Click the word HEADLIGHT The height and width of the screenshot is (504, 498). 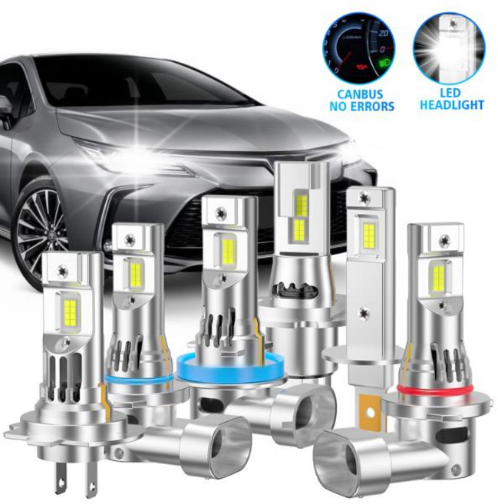451,104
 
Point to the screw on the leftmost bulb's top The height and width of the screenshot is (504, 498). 61,269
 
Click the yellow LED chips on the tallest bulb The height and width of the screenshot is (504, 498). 301,216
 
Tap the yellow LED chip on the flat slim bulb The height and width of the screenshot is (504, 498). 369,236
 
